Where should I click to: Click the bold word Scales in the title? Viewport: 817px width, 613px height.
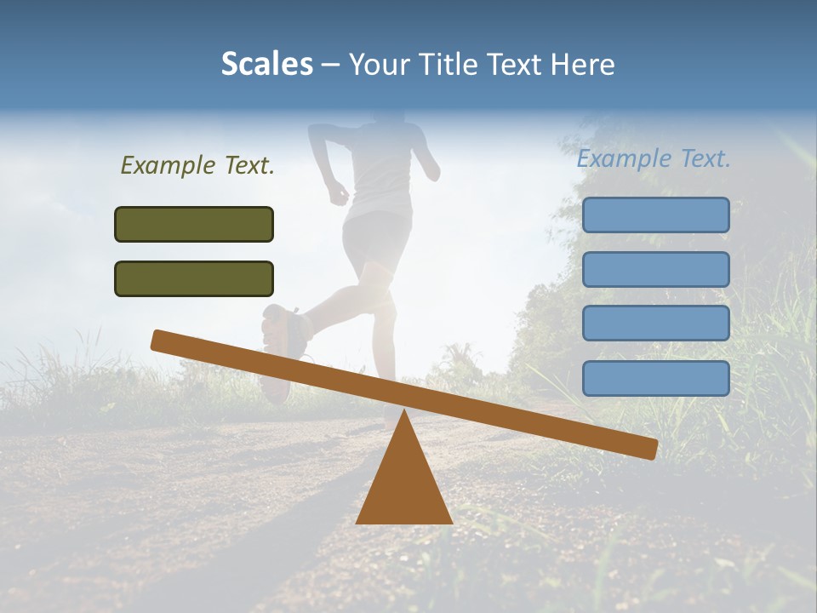pyautogui.click(x=266, y=65)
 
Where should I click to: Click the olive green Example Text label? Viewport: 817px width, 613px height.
pyautogui.click(x=197, y=165)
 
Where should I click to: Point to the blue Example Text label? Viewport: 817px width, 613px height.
pyautogui.click(x=654, y=158)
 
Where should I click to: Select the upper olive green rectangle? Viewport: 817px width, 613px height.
pyautogui.click(x=194, y=224)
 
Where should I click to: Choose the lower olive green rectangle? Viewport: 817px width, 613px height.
pyautogui.click(x=194, y=278)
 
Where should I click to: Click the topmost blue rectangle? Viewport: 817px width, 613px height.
pyautogui.click(x=655, y=215)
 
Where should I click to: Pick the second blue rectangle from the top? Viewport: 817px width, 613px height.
pyautogui.click(x=655, y=269)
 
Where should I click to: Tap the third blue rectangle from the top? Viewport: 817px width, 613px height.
pyautogui.click(x=655, y=324)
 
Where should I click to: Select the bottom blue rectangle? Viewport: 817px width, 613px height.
pyautogui.click(x=655, y=378)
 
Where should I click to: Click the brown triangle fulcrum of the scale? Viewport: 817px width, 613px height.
pyautogui.click(x=403, y=485)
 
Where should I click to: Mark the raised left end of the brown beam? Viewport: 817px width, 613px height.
pyautogui.click(x=159, y=340)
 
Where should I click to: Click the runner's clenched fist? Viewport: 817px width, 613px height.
pyautogui.click(x=339, y=195)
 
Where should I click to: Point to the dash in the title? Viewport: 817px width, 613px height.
pyautogui.click(x=330, y=66)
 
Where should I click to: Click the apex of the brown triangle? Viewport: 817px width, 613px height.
pyautogui.click(x=403, y=412)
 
